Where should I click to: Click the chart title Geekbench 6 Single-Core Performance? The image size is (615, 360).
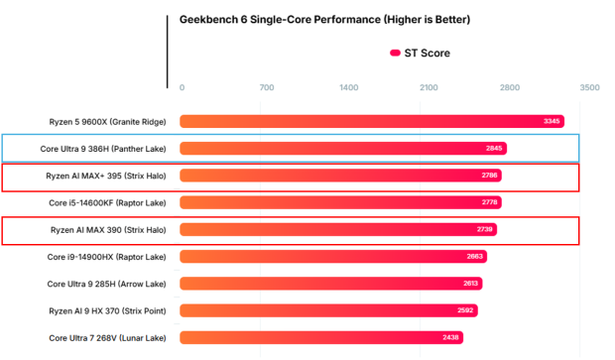[x=324, y=19]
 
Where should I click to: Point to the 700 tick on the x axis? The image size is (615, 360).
[x=266, y=88]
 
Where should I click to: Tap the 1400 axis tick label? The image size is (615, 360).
[x=349, y=88]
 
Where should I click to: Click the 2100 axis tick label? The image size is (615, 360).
[x=429, y=88]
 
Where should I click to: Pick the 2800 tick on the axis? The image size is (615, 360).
[x=509, y=88]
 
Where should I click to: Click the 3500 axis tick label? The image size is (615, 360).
[x=588, y=88]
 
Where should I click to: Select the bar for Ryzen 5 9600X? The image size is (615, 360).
[x=357, y=121]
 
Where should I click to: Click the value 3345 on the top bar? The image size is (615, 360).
[x=553, y=121]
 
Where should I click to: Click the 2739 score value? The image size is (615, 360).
[x=484, y=229]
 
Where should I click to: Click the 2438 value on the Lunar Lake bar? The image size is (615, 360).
[x=451, y=337]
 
